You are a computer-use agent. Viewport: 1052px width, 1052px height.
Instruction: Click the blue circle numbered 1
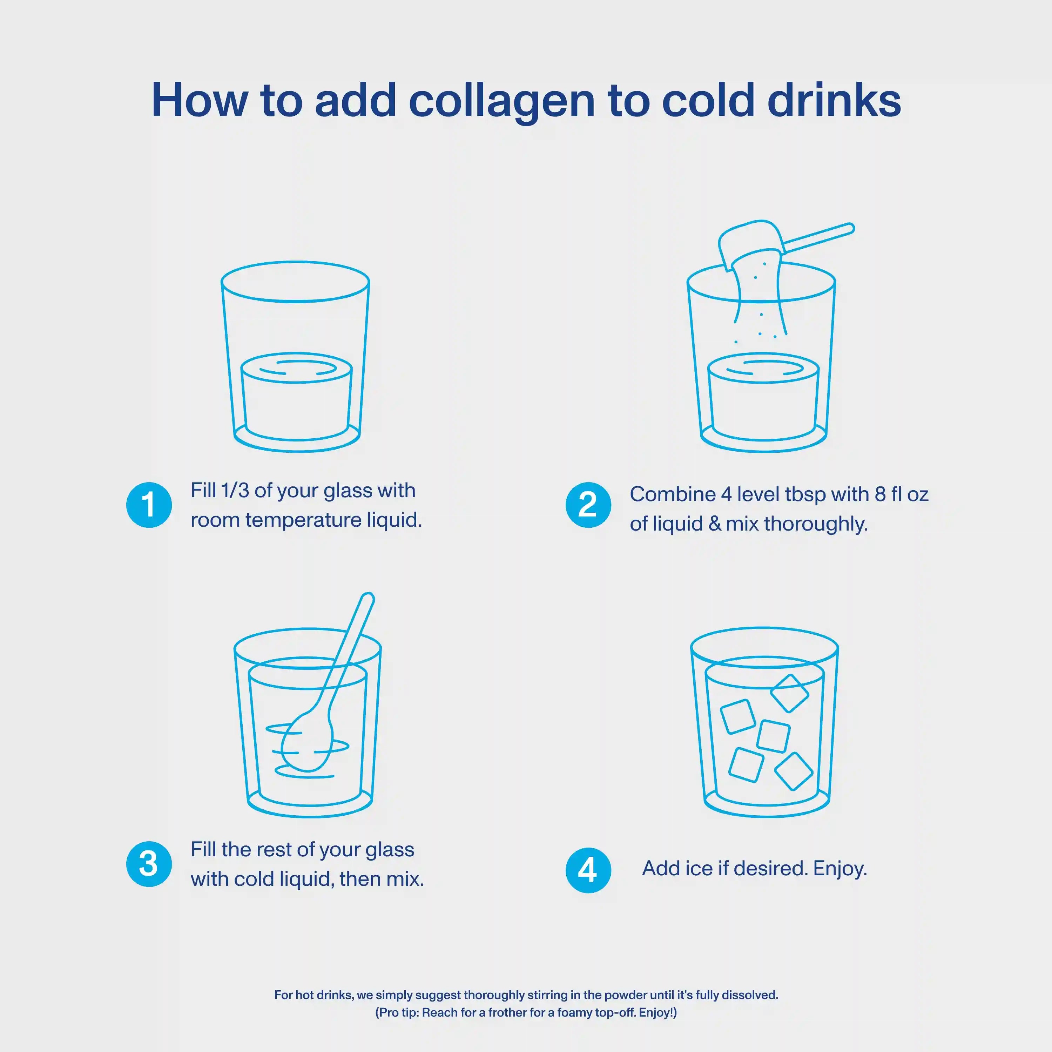[x=149, y=505]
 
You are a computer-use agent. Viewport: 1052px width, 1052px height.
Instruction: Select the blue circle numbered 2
[x=588, y=505]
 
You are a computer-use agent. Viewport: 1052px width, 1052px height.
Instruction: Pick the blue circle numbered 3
[x=149, y=864]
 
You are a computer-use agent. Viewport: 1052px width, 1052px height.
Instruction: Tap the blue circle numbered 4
[x=588, y=870]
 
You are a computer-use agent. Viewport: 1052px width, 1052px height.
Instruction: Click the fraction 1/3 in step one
[x=235, y=491]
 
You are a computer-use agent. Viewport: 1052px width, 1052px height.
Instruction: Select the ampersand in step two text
[x=714, y=524]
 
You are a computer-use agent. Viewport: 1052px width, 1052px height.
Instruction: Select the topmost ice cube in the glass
[x=790, y=693]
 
